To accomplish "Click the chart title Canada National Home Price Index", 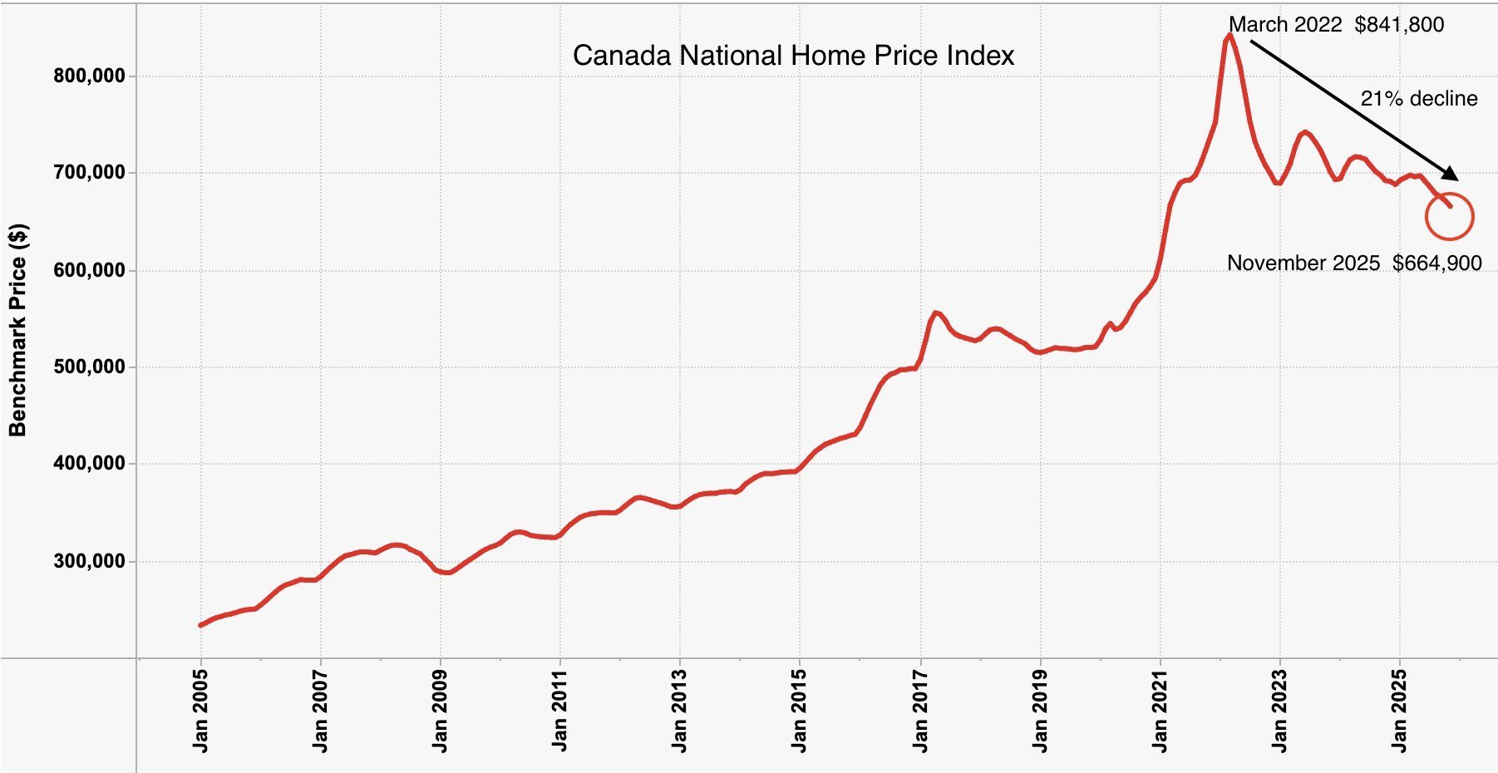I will (x=793, y=56).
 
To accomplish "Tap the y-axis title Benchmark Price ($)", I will (x=17, y=330).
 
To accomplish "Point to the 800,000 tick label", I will (x=89, y=76).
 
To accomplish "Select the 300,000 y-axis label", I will (x=89, y=561).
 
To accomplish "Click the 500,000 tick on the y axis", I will (x=89, y=367).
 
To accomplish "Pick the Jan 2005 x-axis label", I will (x=200, y=711).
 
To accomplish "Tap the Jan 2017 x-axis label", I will (x=920, y=711).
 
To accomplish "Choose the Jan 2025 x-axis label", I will (x=1400, y=711).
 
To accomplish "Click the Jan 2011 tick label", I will (x=560, y=711).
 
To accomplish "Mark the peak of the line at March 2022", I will (x=1229, y=35).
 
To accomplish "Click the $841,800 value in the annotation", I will (x=1399, y=25).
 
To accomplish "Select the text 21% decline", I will (x=1418, y=99).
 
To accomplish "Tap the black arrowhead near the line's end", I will (x=1451, y=174).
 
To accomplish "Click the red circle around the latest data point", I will (x=1449, y=217).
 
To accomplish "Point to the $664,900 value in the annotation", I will (x=1437, y=263).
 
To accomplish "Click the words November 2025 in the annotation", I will (x=1303, y=263).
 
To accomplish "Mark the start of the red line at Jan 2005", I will (x=200, y=625).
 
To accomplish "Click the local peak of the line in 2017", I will (x=936, y=313).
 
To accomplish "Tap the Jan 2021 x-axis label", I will (x=1160, y=711).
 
